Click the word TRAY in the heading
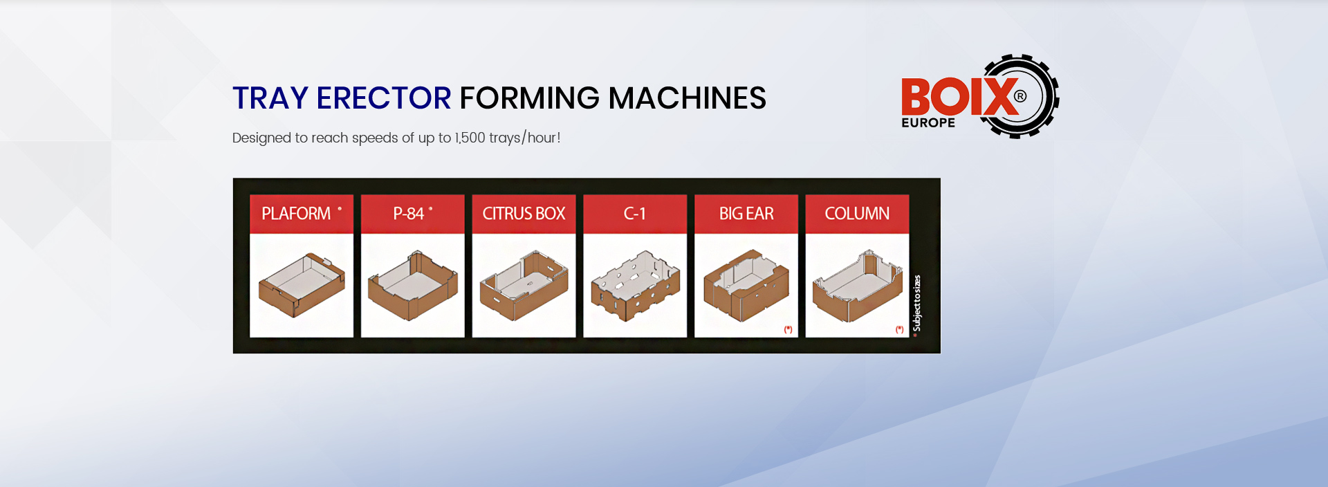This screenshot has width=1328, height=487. point(270,98)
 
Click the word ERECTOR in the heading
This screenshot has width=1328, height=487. point(384,98)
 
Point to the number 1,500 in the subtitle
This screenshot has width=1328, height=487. point(470,138)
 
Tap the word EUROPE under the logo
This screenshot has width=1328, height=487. point(928,122)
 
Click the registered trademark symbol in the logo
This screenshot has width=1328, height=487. point(1020,96)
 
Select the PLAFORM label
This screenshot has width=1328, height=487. point(296,214)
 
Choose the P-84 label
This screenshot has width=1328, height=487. point(408,214)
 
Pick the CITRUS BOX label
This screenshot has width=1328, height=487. point(524,214)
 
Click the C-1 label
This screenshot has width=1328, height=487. point(634,214)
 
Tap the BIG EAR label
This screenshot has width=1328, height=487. point(746,214)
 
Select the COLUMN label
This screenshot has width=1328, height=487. point(857,214)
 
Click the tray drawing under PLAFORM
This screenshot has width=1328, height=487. point(302,285)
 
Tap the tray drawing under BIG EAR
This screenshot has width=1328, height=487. point(746,285)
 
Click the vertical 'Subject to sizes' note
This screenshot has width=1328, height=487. point(917,304)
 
